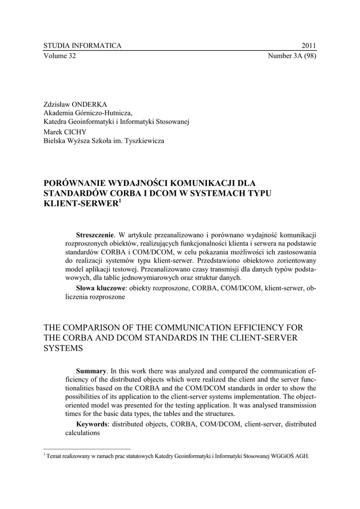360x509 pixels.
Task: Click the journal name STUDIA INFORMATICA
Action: coord(83,46)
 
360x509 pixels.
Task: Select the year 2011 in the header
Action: coord(309,46)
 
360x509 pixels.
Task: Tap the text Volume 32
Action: coord(60,56)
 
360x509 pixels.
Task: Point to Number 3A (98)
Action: coord(292,56)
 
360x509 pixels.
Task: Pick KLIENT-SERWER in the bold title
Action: coord(79,204)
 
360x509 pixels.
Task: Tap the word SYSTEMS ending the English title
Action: coord(63,348)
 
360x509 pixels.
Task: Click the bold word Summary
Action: coord(91,371)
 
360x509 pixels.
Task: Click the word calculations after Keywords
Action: coord(83,433)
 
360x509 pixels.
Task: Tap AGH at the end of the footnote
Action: coord(302,455)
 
